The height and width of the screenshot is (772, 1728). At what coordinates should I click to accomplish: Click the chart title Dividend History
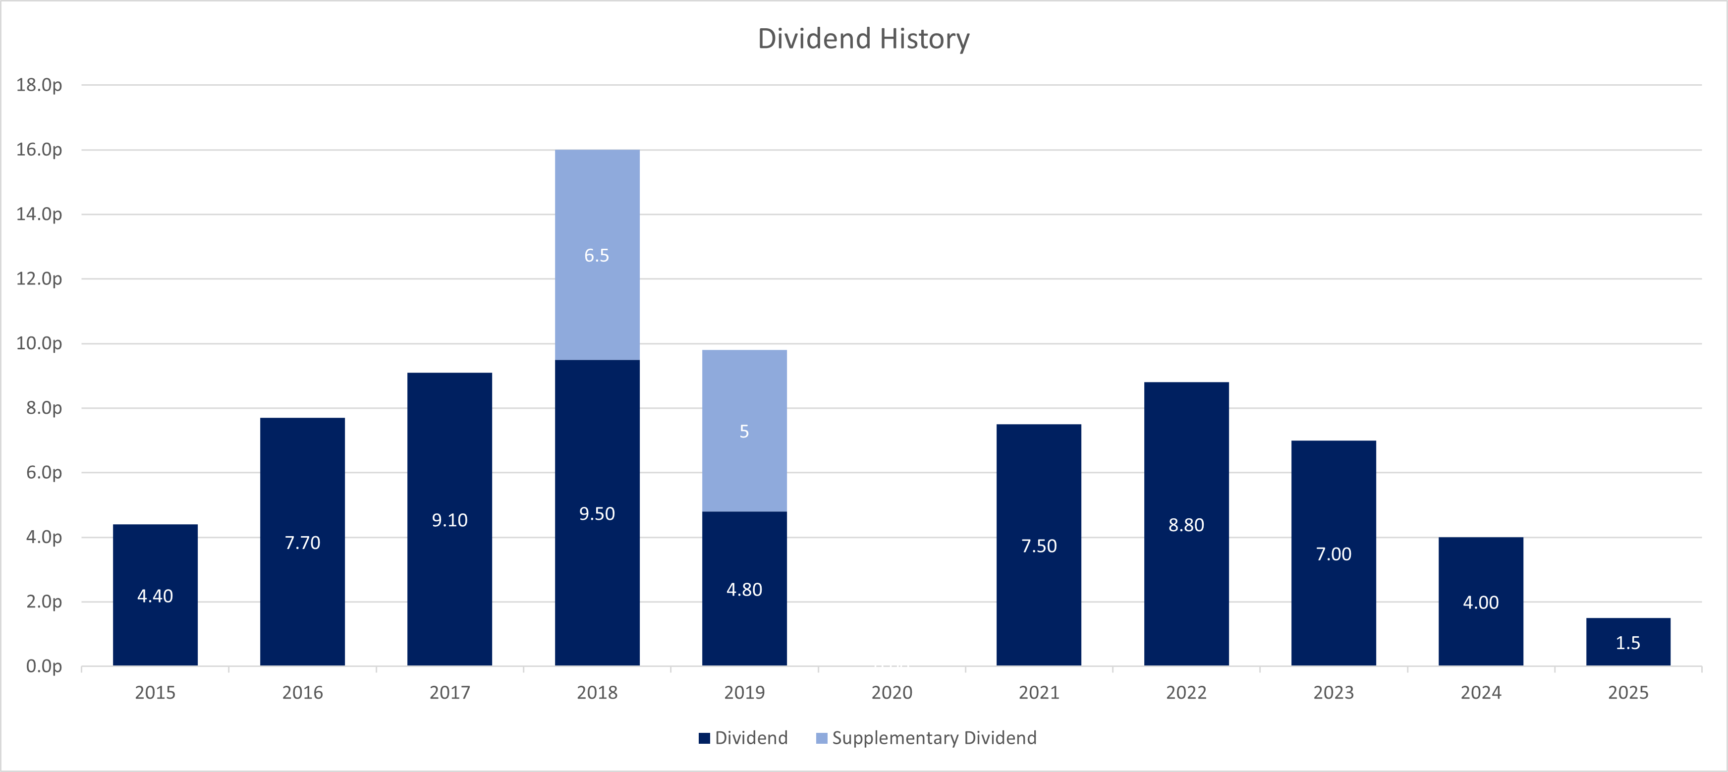863,39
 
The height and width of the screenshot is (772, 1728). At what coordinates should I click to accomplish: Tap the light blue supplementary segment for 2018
597,201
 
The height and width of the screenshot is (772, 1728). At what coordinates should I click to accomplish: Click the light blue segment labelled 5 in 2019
744,431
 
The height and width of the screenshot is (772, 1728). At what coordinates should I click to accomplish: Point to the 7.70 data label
302,543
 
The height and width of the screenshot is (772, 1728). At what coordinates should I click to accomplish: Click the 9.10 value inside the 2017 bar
449,520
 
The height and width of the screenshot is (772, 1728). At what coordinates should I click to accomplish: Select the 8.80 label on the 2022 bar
1186,525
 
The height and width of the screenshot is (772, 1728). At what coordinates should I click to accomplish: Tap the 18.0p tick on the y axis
39,85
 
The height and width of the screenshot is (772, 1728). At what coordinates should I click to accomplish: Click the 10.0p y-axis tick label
39,343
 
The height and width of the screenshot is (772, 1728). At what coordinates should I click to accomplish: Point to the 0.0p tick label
44,666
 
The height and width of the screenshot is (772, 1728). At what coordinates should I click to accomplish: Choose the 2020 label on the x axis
892,692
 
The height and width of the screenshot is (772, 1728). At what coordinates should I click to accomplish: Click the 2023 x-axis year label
1334,692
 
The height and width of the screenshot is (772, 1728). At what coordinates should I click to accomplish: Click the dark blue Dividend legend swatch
704,738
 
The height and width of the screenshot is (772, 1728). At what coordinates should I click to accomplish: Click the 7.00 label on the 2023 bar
1334,554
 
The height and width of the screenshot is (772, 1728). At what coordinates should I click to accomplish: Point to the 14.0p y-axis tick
39,214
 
